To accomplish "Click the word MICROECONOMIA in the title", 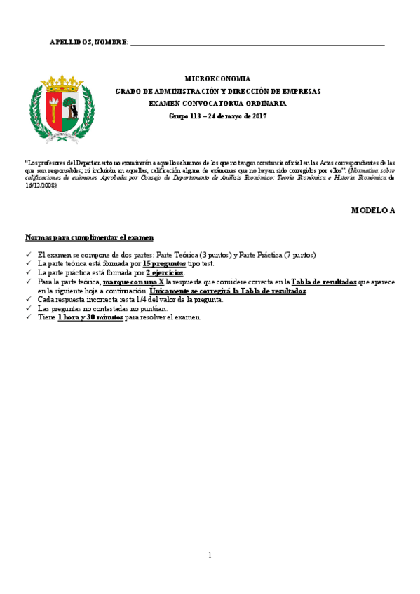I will (217, 79).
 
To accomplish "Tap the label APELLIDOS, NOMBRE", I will (88, 43).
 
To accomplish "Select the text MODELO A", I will (373, 210).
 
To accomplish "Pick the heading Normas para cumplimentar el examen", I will (90, 237).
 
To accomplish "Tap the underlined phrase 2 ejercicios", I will (165, 272).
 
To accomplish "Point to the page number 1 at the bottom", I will (210, 555).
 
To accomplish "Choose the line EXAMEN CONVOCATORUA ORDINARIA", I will (217, 103).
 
